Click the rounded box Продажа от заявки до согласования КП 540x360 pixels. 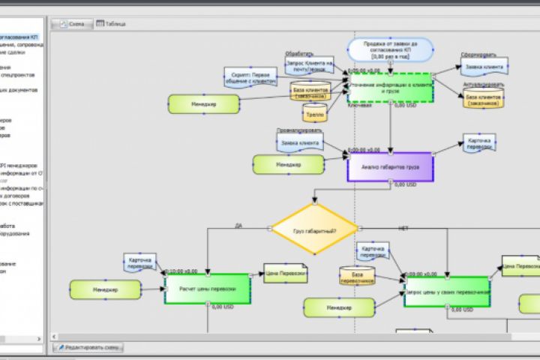(x=390, y=49)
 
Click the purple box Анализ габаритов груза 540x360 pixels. (x=390, y=167)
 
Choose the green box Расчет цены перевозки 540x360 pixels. (x=207, y=289)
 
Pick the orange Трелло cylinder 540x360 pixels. (x=314, y=114)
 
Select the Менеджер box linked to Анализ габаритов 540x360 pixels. (x=288, y=163)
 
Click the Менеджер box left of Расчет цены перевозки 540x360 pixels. (x=105, y=289)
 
